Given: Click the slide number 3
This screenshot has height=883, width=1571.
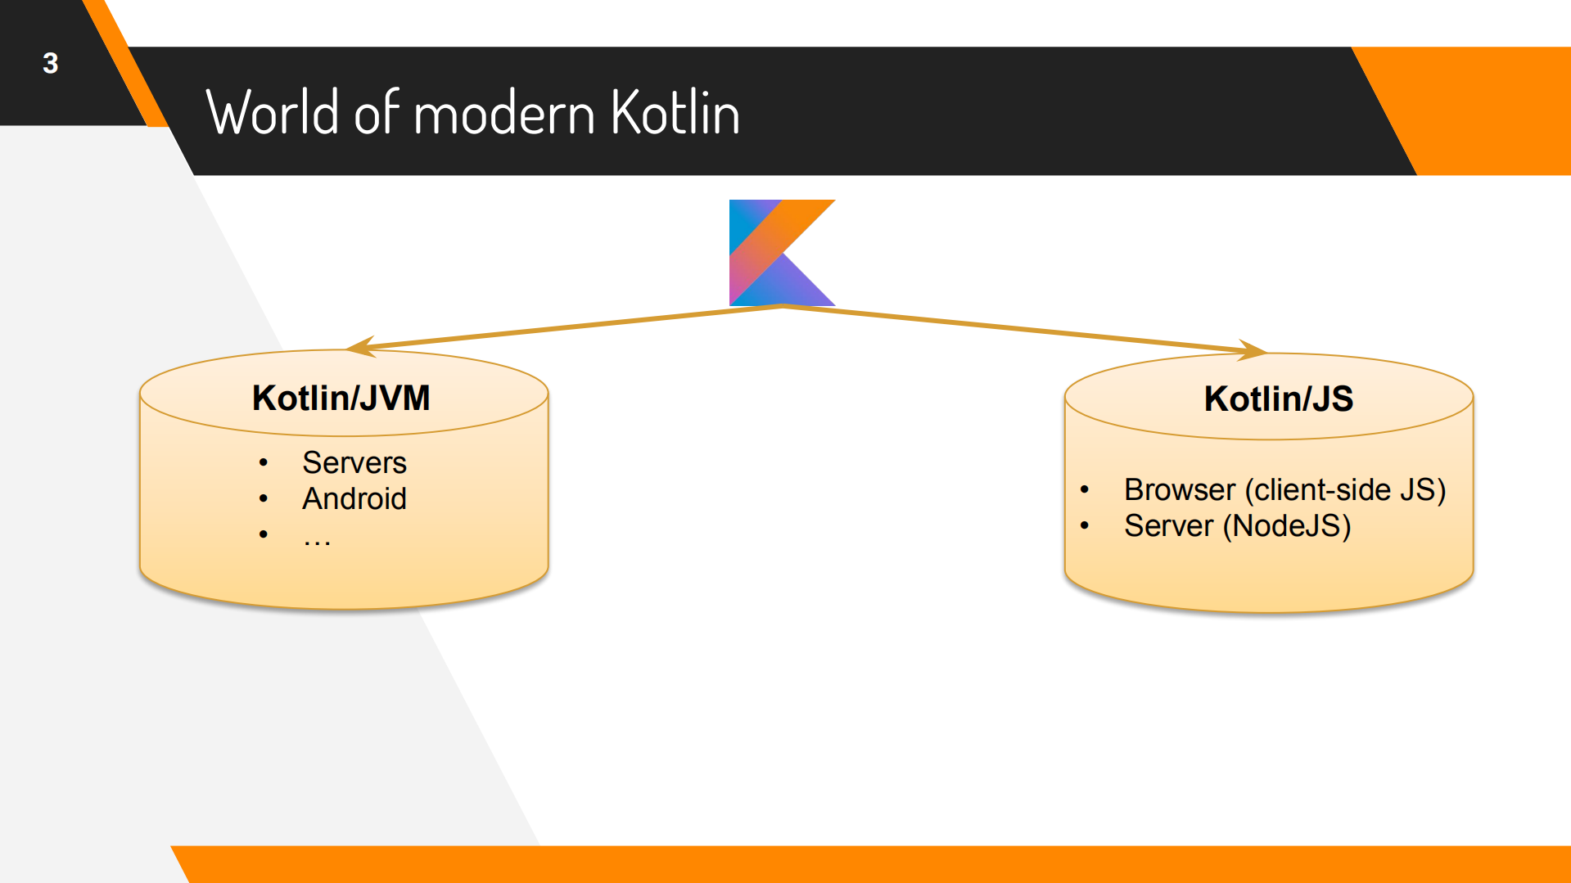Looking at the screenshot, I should click(51, 64).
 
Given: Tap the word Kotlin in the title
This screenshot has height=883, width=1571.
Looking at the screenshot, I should click(675, 113).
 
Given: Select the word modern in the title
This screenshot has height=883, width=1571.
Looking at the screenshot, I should click(504, 113).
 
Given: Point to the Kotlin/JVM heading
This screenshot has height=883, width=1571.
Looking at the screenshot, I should click(341, 399).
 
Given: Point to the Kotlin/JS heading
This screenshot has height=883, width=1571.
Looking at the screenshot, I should click(1278, 399).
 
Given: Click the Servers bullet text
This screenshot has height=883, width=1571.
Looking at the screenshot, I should click(354, 463).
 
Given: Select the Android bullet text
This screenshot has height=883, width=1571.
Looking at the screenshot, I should click(354, 499).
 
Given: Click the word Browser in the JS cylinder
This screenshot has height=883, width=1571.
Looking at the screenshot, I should click(1179, 490).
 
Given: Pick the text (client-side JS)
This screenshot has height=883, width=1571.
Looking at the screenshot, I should click(1345, 490).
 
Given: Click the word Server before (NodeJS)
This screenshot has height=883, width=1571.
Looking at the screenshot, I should click(1168, 526).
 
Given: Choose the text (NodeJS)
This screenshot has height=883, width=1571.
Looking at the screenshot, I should click(1286, 526).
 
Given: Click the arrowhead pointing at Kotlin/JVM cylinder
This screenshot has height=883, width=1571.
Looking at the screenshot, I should click(361, 347).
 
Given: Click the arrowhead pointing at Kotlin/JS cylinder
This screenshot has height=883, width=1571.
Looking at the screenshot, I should click(1253, 350).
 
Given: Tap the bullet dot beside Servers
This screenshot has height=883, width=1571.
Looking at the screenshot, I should click(264, 463).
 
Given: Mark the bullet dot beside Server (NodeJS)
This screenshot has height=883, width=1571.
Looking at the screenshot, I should click(1085, 526).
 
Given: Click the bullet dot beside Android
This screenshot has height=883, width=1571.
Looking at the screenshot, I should click(264, 498).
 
